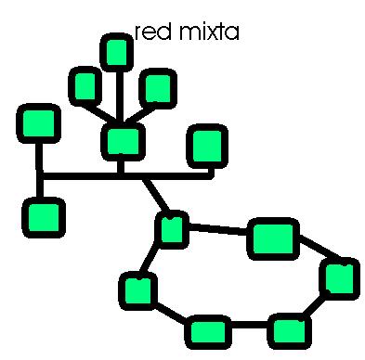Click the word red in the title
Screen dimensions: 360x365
[150, 33]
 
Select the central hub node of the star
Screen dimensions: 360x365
[122, 141]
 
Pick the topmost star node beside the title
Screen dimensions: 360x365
[116, 52]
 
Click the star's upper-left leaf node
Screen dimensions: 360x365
[86, 86]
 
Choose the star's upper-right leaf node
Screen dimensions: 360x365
[157, 88]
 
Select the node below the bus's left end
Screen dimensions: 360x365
[43, 216]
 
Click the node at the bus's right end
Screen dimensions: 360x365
[206, 145]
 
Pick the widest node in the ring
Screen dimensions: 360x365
[273, 238]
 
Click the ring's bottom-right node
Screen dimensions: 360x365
[289, 329]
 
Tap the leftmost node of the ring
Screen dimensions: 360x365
[137, 290]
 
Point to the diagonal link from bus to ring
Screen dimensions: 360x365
[154, 196]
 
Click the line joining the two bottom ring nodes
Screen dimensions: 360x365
[248, 328]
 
